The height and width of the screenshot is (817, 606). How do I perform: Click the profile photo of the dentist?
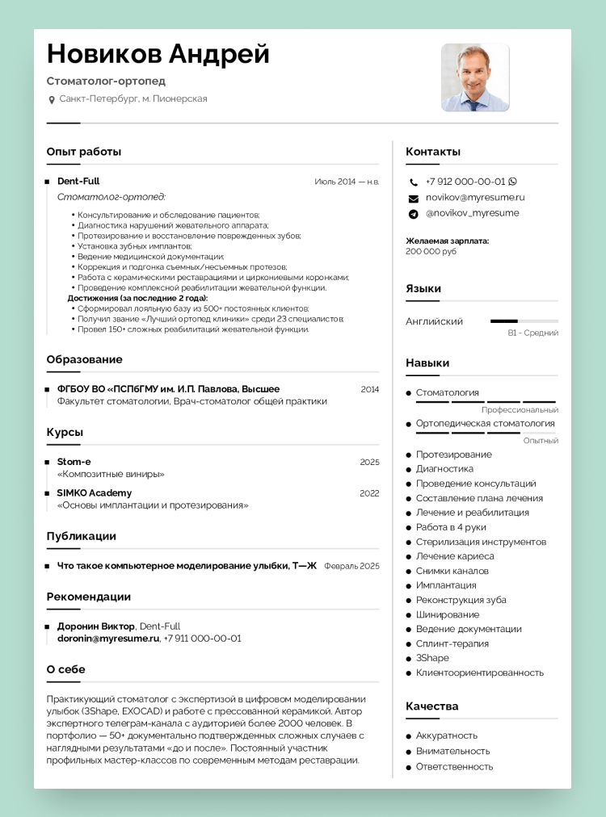[475, 78]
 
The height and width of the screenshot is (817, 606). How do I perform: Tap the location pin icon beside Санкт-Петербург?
[52, 99]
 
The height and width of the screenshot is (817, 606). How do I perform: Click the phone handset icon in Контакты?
[414, 182]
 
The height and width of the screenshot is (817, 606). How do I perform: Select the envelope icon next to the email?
[414, 198]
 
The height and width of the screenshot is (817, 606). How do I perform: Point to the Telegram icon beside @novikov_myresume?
[414, 214]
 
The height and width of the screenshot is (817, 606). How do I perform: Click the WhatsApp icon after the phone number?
[512, 182]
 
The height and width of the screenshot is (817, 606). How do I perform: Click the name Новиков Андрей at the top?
[158, 54]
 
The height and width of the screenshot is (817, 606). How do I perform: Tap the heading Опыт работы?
[84, 151]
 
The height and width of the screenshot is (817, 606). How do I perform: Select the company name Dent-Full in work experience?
[78, 181]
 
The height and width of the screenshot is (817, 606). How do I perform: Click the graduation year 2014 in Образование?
[369, 389]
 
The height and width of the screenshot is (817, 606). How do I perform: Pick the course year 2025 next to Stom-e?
[369, 462]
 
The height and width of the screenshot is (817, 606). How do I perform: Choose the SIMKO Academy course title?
[95, 492]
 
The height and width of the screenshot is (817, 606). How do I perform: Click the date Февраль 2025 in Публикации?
[351, 566]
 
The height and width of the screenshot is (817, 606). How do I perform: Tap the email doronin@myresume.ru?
[108, 638]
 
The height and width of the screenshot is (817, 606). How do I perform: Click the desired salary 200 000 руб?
[431, 251]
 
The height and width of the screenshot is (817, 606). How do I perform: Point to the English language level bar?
[524, 321]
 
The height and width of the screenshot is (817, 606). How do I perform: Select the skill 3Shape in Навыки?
[432, 658]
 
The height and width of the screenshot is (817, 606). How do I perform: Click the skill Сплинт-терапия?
[452, 643]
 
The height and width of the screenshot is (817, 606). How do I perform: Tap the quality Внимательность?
[452, 751]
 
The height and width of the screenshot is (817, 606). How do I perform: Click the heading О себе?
[65, 669]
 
